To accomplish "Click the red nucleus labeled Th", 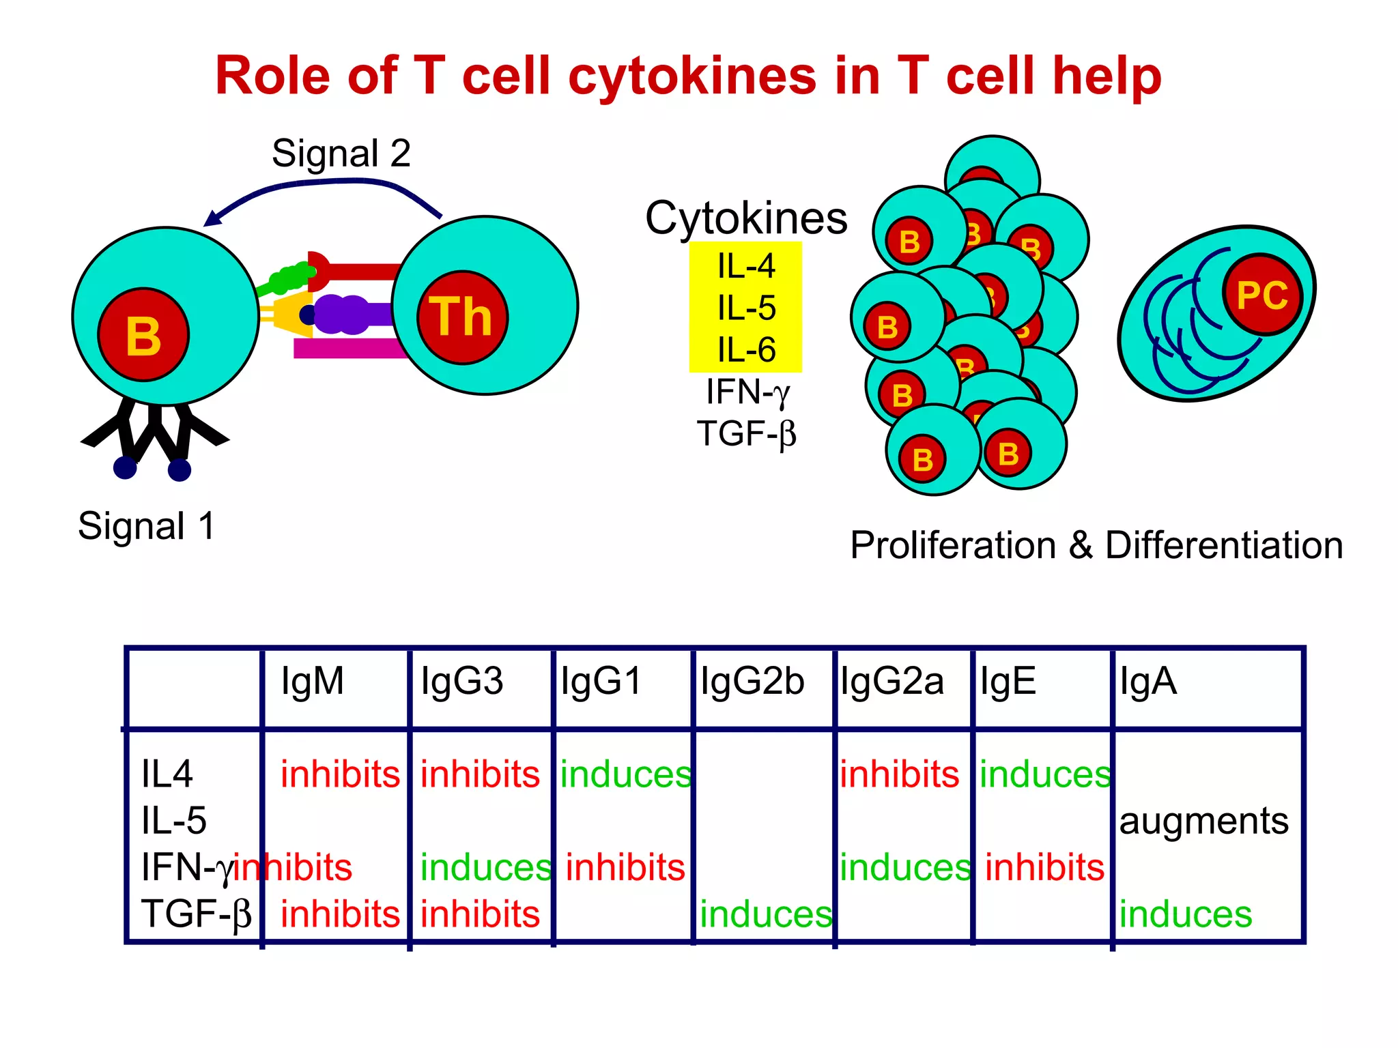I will tap(462, 317).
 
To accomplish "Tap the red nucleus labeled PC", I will tap(1263, 295).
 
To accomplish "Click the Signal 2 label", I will tap(341, 153).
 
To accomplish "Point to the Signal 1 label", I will tap(147, 526).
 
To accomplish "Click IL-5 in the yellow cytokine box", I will tap(746, 308).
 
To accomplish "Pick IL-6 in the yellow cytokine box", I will tap(746, 350).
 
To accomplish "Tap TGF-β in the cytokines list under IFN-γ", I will tap(746, 433).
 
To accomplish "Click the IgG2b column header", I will tap(752, 681).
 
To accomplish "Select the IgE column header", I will tap(1008, 681).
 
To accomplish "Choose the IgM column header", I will tap(313, 681).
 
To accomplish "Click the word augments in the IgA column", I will tap(1203, 821).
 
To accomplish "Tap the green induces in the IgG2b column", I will tap(766, 914).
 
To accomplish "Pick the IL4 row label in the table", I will tap(167, 774).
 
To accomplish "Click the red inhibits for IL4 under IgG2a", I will tap(899, 774).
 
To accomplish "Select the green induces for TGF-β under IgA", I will tap(1186, 914).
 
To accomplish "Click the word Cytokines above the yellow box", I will tap(746, 218).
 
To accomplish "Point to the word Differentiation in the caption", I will tap(1224, 545).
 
